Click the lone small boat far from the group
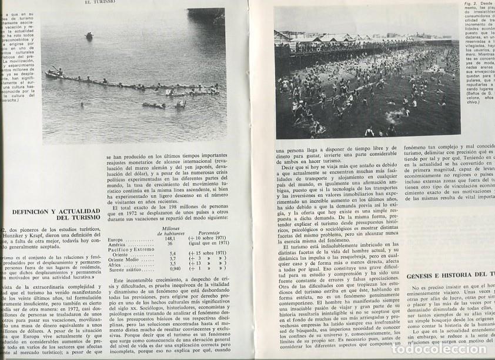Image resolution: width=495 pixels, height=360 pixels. coord(89,36)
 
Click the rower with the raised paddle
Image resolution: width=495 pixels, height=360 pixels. coord(59,72)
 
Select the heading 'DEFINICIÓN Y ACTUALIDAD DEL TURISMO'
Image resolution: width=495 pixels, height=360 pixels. coord(56,216)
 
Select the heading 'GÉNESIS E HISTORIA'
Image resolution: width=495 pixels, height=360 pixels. coord(446,274)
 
